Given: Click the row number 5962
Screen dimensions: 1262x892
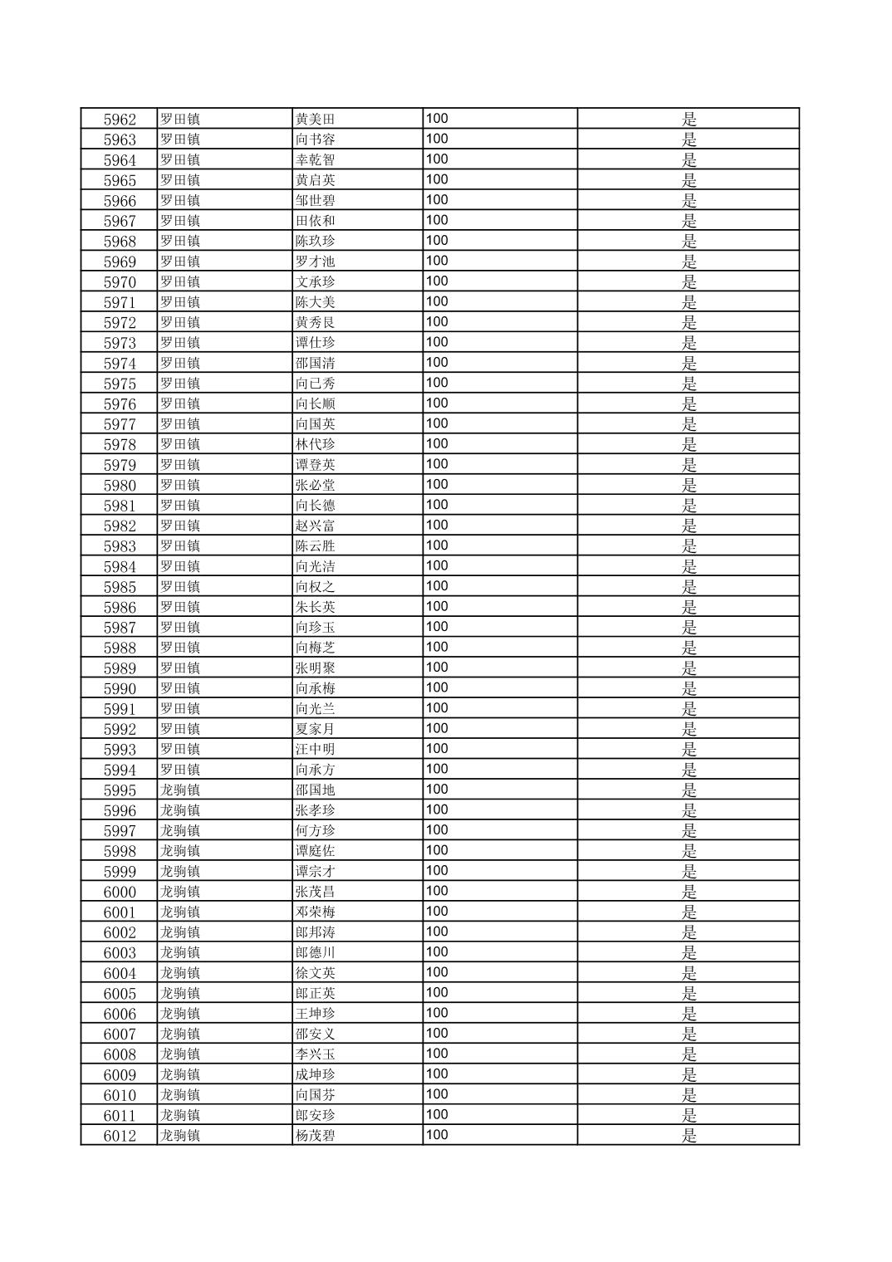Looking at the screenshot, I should (x=120, y=119).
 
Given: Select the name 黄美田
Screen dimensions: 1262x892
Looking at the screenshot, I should (x=315, y=119).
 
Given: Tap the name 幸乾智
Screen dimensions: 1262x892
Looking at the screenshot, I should (x=315, y=159).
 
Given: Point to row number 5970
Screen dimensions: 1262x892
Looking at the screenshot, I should (x=120, y=281).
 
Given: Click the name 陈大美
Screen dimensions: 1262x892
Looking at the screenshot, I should (x=315, y=302).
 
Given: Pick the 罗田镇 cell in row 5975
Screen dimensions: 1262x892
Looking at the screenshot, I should (x=180, y=384).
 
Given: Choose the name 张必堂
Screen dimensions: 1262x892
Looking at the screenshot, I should (x=315, y=485).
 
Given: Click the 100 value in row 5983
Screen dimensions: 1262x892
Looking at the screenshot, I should (x=437, y=545).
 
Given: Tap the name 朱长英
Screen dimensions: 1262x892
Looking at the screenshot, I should (x=315, y=607).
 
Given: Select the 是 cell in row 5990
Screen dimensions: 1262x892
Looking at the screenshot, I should (x=689, y=688).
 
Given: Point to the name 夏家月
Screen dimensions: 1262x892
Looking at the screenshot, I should (x=315, y=729).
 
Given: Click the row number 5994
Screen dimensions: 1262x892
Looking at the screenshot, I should (x=120, y=770).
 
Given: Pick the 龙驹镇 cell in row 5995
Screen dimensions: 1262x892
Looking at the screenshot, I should (x=180, y=790).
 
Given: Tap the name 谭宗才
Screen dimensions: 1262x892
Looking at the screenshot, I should (x=315, y=871).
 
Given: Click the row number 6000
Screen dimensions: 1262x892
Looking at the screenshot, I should (x=120, y=892).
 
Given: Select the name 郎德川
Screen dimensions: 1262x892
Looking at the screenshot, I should (x=315, y=952).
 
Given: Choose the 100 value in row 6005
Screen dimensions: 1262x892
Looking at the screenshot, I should (x=437, y=993).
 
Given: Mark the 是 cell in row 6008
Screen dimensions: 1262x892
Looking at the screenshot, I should (x=689, y=1054).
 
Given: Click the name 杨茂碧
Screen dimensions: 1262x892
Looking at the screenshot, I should (x=315, y=1136).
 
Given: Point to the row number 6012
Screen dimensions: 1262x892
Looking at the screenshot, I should (x=120, y=1136).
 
